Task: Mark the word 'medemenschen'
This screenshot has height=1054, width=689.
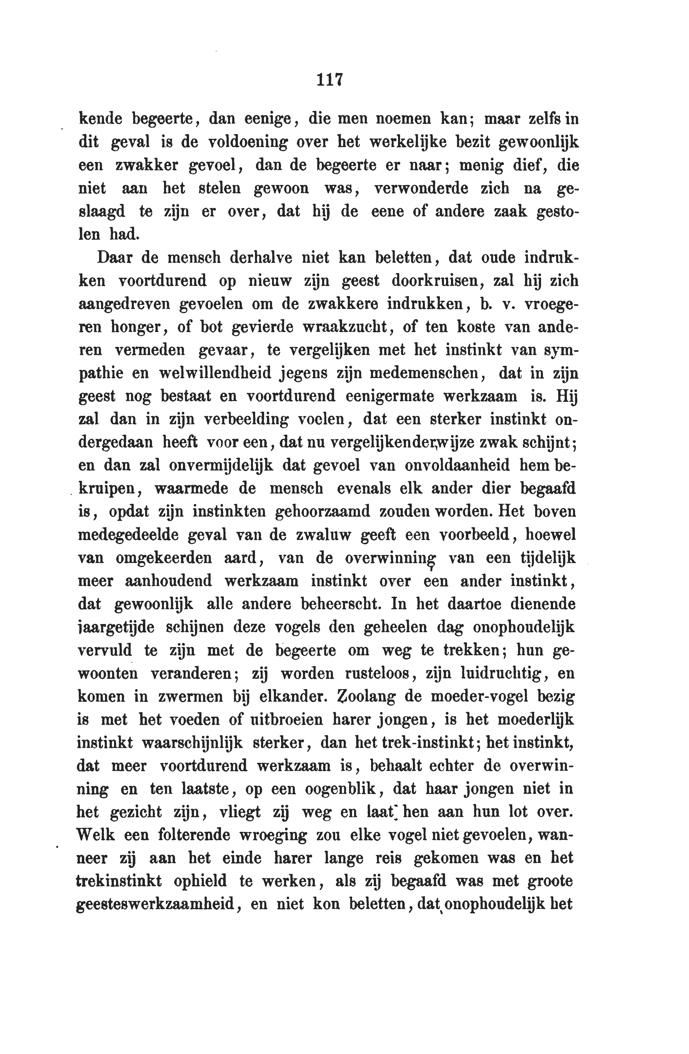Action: point(424,373)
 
